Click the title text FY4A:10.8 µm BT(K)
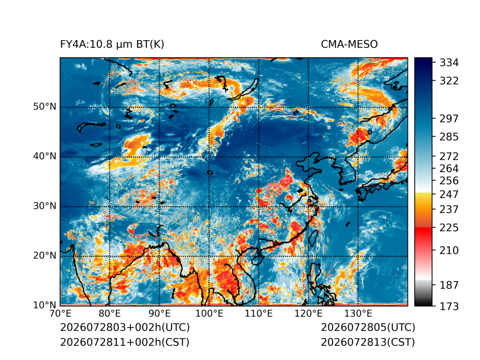click(112, 45)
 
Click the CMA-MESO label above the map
click(349, 45)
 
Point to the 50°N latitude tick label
click(45, 107)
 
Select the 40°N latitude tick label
click(45, 156)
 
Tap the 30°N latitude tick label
click(45, 206)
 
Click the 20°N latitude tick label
click(45, 256)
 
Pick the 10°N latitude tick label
click(45, 305)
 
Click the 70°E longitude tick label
click(60, 314)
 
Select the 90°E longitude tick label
click(160, 314)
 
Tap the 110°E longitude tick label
click(259, 314)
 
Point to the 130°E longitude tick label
click(358, 314)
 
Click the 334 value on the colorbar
click(449, 63)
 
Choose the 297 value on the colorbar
click(449, 119)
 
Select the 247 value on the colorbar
click(449, 194)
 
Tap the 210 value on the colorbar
click(449, 251)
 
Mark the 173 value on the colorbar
click(449, 306)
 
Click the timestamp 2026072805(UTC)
click(368, 327)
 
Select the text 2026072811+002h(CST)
click(125, 342)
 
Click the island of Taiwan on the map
click(312, 238)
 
